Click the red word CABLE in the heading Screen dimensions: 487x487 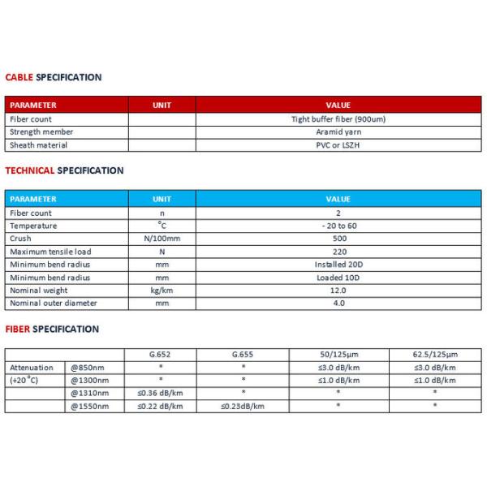(x=19, y=78)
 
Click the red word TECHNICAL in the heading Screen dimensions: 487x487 (x=30, y=170)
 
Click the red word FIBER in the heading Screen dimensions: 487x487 (x=18, y=329)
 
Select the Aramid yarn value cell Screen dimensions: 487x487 (x=338, y=131)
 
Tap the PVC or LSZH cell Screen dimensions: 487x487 (x=338, y=144)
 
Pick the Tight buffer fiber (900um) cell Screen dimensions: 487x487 (x=338, y=119)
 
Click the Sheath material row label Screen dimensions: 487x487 (x=38, y=144)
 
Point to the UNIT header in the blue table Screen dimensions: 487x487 (x=162, y=199)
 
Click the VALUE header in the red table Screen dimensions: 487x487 (x=338, y=106)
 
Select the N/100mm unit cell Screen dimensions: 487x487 (x=162, y=239)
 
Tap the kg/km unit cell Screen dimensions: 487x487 (x=162, y=291)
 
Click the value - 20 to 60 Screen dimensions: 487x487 (x=338, y=226)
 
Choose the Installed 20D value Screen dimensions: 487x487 (x=338, y=265)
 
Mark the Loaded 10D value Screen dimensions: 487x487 (x=338, y=278)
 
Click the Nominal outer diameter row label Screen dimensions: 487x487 (x=53, y=304)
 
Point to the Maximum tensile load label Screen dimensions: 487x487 (x=50, y=252)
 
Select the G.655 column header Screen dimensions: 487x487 (x=243, y=355)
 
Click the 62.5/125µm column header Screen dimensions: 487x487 (x=434, y=355)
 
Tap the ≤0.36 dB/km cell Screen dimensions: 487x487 (x=161, y=393)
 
